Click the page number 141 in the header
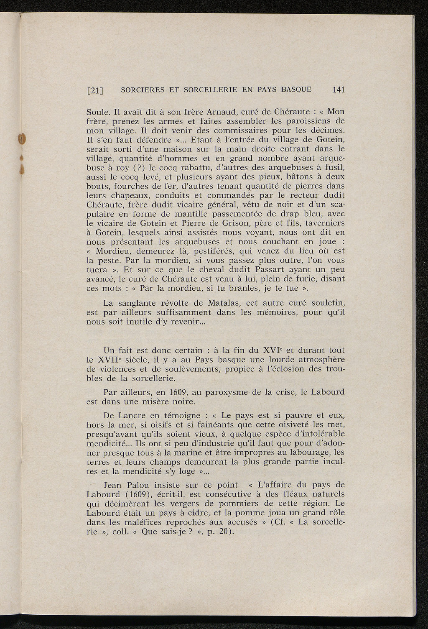tap(339, 89)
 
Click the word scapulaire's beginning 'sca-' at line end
tap(337, 205)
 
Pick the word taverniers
tap(324, 223)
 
